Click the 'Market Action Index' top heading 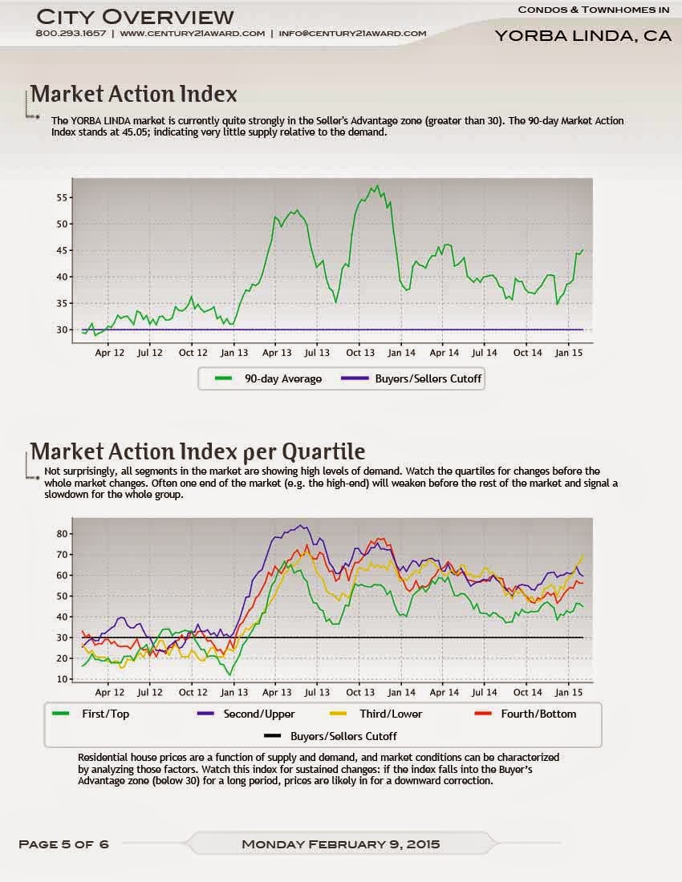(x=133, y=94)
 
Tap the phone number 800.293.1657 (x=70, y=34)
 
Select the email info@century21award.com (x=352, y=34)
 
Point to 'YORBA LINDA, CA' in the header (x=583, y=36)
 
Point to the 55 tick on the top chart (x=63, y=197)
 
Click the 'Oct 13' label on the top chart (x=359, y=353)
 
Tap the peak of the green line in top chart (x=377, y=186)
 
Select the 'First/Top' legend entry (x=105, y=714)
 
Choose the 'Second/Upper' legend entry (x=258, y=714)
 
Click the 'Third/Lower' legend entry (x=391, y=714)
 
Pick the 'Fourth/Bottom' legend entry (x=538, y=714)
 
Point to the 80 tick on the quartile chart (x=63, y=533)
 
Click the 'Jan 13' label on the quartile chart (x=233, y=692)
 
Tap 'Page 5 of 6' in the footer (x=63, y=844)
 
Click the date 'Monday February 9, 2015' (x=340, y=844)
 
